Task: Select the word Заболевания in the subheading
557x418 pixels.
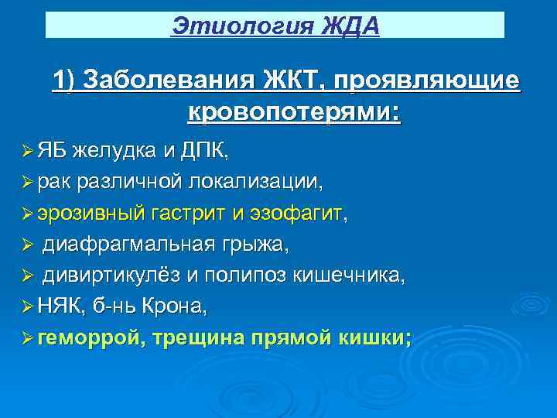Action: point(168,81)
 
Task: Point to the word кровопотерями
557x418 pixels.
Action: point(294,113)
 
